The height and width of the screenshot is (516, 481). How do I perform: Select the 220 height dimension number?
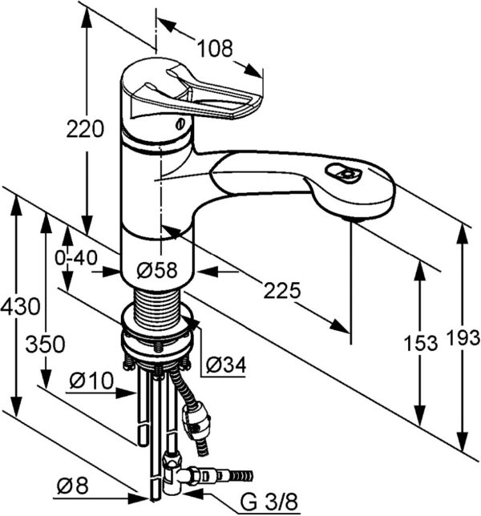pos(86,128)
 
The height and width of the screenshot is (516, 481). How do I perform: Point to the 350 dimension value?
pos(45,345)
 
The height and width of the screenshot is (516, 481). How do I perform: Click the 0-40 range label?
pos(76,258)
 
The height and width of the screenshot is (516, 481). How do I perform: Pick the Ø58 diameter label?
pos(156,271)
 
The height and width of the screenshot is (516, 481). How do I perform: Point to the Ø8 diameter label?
pos(73,485)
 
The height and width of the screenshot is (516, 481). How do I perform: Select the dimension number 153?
pos(421,343)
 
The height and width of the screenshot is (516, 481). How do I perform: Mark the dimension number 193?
pos(463,340)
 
